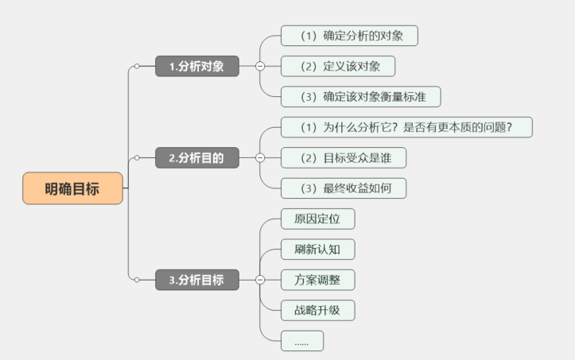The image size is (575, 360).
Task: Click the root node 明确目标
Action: tap(72, 188)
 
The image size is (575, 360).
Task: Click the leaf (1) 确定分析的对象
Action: tap(349, 36)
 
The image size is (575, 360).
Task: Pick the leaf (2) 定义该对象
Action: tap(337, 66)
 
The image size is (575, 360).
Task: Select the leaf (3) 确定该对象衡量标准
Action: tap(360, 97)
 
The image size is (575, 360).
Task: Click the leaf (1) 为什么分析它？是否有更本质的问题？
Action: tap(406, 127)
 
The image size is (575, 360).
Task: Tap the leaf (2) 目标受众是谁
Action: tap(343, 157)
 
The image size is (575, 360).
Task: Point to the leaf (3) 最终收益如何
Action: tap(343, 188)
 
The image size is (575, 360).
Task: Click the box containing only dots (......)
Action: tap(302, 341)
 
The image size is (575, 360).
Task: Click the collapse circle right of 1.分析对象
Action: tap(260, 67)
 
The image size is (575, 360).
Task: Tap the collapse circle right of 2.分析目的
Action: tap(260, 158)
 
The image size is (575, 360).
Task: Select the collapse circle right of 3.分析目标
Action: tap(260, 280)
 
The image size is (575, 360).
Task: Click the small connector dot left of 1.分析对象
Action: tap(137, 67)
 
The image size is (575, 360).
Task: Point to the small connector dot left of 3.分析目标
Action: tap(137, 280)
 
